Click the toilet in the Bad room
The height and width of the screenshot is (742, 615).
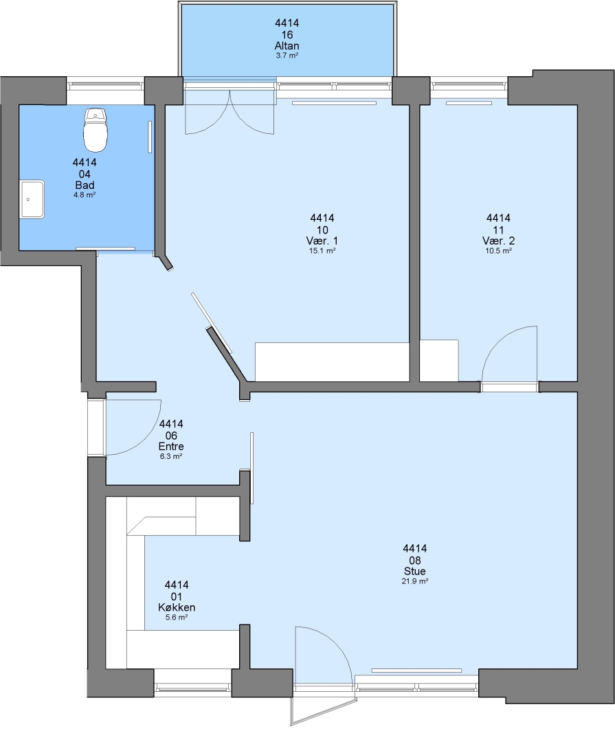coord(95,130)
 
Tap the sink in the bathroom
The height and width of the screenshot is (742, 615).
coord(32,199)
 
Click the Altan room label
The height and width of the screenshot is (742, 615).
coord(287,46)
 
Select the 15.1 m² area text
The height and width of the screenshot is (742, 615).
coord(322,251)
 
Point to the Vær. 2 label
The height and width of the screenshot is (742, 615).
coord(498,241)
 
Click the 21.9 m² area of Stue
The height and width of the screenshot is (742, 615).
coord(415,581)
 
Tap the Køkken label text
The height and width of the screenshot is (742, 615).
coord(177,607)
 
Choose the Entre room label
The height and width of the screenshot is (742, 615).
coord(171,447)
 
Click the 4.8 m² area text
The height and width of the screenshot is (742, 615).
coord(85,194)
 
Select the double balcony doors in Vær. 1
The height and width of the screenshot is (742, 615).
coord(229,112)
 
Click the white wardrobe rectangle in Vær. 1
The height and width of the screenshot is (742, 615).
coord(332,361)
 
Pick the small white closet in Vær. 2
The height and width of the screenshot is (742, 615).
coord(439,360)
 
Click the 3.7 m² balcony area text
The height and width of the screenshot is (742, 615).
coord(287,56)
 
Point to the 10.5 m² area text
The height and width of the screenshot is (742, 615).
coord(498,251)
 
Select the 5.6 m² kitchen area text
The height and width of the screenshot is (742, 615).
coord(177,617)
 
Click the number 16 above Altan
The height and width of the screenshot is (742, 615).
coord(287,34)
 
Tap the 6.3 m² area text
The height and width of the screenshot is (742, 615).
coord(171,456)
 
